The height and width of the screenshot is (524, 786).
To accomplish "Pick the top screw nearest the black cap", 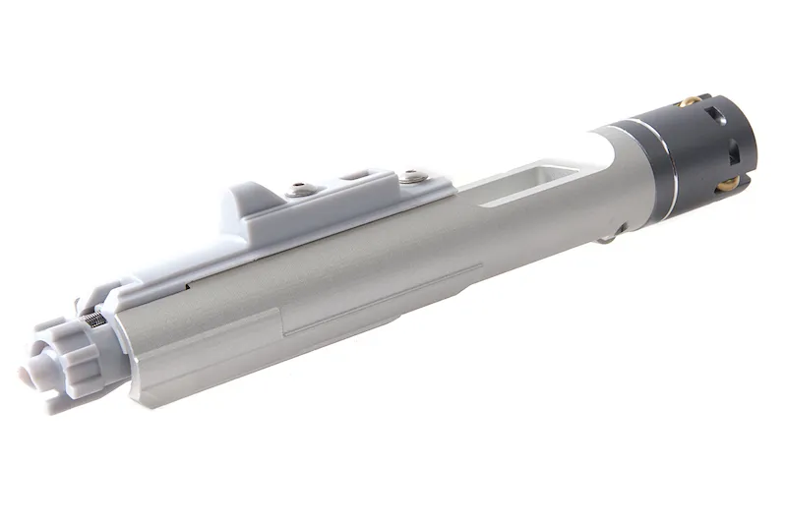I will (412, 177).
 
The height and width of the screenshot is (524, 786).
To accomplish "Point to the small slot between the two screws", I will (352, 178).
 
